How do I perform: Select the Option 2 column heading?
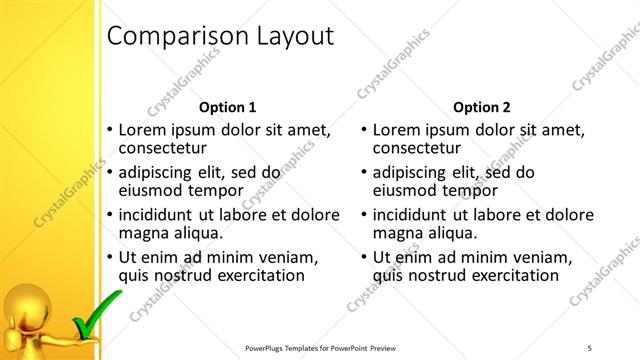tap(481, 107)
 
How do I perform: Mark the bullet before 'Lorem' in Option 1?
tap(109, 130)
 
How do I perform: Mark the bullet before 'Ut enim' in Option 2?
tap(363, 257)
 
